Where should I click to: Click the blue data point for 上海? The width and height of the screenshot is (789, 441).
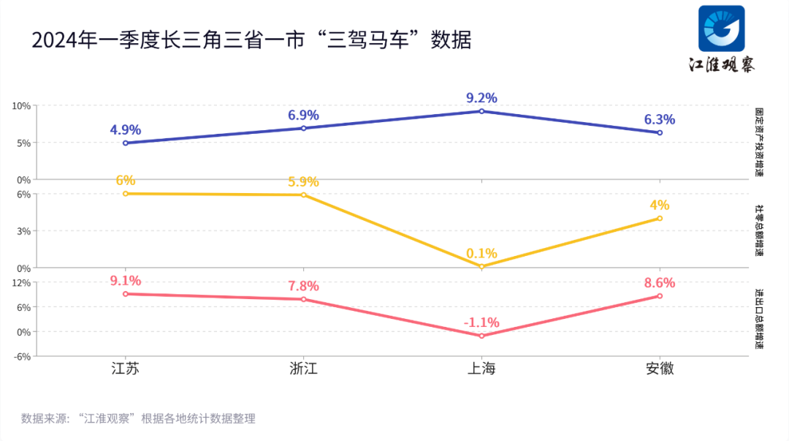[x=481, y=111]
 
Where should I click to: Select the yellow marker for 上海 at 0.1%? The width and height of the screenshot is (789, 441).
[x=481, y=266]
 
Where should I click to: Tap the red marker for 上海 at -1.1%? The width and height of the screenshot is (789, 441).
[x=481, y=336]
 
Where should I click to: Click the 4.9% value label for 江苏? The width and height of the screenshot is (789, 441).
[x=126, y=130]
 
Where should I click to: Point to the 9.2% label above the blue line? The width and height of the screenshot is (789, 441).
[x=481, y=98]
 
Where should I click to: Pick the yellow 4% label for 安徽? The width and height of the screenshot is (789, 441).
[x=660, y=206]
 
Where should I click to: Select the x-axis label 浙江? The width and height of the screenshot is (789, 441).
[x=304, y=369]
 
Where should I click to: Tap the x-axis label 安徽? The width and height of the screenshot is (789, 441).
[x=660, y=369]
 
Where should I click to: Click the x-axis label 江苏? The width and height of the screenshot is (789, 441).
[x=126, y=369]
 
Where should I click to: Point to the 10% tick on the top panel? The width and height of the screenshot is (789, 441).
[x=21, y=106]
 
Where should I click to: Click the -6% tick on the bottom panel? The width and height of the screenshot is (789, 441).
[x=21, y=357]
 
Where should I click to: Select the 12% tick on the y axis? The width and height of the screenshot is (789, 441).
[x=21, y=282]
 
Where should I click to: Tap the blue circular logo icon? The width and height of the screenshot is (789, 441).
[x=721, y=29]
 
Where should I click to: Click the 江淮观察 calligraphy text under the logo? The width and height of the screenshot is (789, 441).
[x=722, y=64]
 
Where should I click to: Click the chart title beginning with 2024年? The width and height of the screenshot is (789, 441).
[x=251, y=39]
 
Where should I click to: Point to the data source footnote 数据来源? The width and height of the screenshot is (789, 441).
[x=138, y=419]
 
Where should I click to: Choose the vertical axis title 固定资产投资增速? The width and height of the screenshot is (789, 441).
[x=759, y=143]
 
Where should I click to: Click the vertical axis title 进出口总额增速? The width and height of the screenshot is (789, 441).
[x=759, y=319]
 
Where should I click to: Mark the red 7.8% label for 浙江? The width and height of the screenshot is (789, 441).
[x=304, y=286]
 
